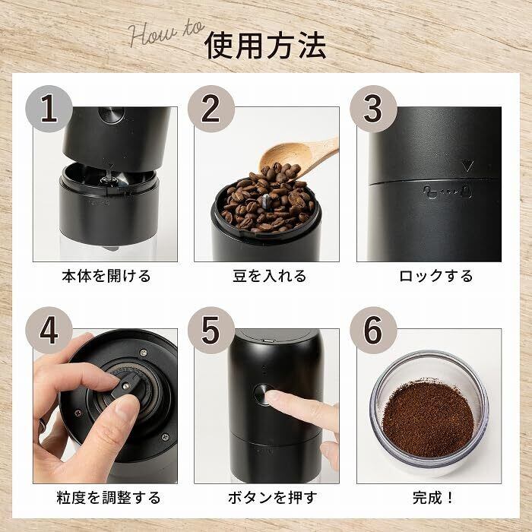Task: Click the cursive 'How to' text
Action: point(166,33)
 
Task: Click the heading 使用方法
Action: point(265,46)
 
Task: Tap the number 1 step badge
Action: point(49,109)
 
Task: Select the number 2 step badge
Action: point(211,109)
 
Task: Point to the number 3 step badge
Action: point(373,109)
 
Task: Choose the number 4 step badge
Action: point(49,331)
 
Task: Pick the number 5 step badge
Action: point(211,331)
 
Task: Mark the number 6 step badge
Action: point(373,331)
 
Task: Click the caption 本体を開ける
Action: point(106,276)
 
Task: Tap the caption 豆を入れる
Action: point(269,276)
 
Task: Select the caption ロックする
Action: point(435,276)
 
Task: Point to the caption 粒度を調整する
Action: point(108,498)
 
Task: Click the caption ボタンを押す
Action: point(272,498)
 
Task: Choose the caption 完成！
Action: point(433,498)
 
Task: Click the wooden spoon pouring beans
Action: point(298,157)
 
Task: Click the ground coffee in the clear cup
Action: point(428,420)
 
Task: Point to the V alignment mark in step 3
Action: point(469,166)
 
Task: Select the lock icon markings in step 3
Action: point(448,192)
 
